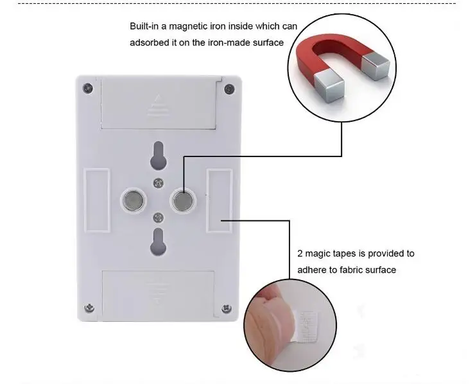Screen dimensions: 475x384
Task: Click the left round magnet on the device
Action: [134, 200]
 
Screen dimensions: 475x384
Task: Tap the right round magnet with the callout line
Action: [183, 200]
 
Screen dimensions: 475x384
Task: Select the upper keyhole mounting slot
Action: [158, 155]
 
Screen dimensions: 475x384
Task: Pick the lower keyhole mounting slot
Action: [158, 242]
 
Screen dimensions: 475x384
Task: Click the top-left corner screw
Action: [88, 88]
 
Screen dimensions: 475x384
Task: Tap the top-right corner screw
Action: [229, 89]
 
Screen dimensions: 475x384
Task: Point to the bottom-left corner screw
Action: [89, 308]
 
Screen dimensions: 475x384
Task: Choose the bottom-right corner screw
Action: [227, 308]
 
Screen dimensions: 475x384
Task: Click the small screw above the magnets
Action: [159, 183]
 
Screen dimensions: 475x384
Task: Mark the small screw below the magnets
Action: [159, 217]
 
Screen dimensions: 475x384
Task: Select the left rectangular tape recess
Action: [97, 200]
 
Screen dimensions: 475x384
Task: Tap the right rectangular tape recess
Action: [220, 201]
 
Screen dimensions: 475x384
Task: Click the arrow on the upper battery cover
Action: [158, 106]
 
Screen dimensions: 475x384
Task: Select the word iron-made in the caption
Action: [229, 43]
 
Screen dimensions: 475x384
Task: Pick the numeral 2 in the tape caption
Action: [300, 254]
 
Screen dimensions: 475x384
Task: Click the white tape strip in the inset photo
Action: [306, 327]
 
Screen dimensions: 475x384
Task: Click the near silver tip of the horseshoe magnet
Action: [329, 88]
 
